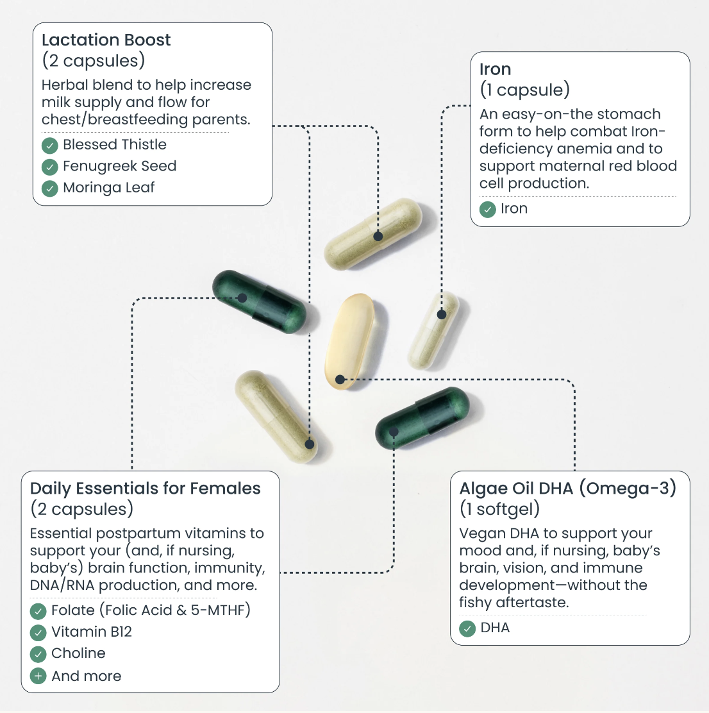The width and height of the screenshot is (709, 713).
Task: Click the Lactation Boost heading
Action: click(x=106, y=40)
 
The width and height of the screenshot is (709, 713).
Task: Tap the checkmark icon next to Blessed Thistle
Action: click(x=50, y=146)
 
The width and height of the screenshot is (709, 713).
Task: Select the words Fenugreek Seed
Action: click(x=119, y=166)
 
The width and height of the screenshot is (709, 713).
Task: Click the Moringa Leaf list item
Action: click(x=108, y=188)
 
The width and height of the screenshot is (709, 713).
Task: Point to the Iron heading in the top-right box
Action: click(x=495, y=69)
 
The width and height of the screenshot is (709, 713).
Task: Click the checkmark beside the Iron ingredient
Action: click(x=488, y=209)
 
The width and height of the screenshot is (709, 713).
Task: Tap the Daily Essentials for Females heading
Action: click(x=145, y=489)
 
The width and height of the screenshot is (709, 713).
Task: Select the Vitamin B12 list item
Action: click(x=92, y=632)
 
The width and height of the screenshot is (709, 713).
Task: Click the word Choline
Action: click(x=78, y=653)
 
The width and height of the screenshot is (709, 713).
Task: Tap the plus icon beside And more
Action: click(x=38, y=676)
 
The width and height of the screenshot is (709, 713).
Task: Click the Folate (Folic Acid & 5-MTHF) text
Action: click(x=151, y=610)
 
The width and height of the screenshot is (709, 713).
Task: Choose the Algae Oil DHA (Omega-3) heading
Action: click(x=568, y=489)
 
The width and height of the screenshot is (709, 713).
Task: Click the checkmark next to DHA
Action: click(x=468, y=628)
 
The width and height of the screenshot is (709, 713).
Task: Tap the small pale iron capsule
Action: click(x=433, y=330)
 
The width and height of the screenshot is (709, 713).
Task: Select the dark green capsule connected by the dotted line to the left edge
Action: click(x=260, y=302)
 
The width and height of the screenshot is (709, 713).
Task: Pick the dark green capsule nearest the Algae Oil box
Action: click(x=422, y=417)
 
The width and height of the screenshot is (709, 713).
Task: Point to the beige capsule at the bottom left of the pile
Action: click(x=276, y=415)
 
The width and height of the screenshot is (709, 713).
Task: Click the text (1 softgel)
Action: click(x=499, y=509)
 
